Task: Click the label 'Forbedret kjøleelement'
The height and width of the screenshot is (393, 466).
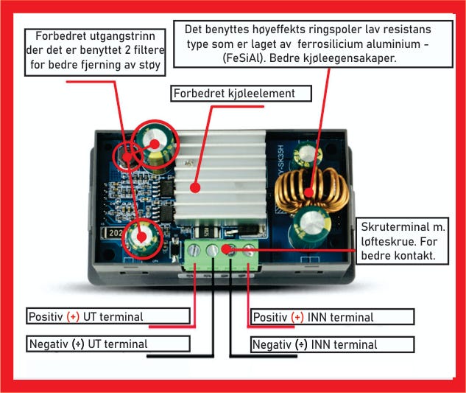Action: (234, 94)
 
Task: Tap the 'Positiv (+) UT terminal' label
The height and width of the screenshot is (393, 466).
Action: (86, 317)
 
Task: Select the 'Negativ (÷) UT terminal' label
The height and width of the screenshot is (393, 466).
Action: (88, 344)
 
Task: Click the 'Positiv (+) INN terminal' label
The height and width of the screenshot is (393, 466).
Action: (313, 317)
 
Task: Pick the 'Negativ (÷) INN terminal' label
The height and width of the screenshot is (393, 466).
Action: (315, 345)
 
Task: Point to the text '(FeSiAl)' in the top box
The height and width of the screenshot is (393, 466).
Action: (244, 58)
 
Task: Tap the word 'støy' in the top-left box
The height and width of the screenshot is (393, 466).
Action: (149, 65)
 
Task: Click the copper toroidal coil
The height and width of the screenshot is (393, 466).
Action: (311, 190)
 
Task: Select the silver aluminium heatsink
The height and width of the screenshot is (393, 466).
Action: (220, 178)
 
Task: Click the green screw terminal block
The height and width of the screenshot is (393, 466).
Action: (222, 256)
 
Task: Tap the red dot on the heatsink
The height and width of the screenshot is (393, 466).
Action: (195, 187)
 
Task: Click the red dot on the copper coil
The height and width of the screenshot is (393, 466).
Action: (308, 192)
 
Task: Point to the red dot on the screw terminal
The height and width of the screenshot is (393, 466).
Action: (226, 249)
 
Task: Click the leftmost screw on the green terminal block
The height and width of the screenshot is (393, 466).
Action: (194, 249)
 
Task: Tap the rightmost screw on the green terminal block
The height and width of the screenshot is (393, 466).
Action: (249, 250)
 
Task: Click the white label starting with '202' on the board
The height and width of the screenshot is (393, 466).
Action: (112, 233)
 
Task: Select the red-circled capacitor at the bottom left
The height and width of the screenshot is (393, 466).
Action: (142, 237)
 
